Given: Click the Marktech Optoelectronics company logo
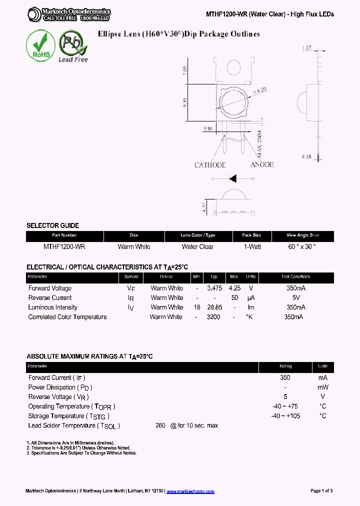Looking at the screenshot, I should tap(69, 14).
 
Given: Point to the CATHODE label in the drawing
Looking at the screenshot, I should tap(210, 165).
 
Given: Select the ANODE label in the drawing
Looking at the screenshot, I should tap(262, 164).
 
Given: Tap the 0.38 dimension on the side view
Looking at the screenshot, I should tap(306, 157).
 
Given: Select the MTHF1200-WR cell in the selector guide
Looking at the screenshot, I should tap(64, 246).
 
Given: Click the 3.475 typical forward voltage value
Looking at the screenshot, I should tap(214, 288).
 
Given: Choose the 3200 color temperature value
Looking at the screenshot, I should tap(213, 317).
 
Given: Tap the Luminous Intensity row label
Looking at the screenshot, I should tap(53, 307).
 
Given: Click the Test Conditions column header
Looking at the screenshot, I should tap(295, 276).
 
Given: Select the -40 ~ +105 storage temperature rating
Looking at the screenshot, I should tap(285, 416).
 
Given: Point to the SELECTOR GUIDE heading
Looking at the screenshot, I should tap(52, 225).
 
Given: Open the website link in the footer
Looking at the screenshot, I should tap(190, 491).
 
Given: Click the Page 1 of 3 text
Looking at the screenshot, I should tap(321, 491).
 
